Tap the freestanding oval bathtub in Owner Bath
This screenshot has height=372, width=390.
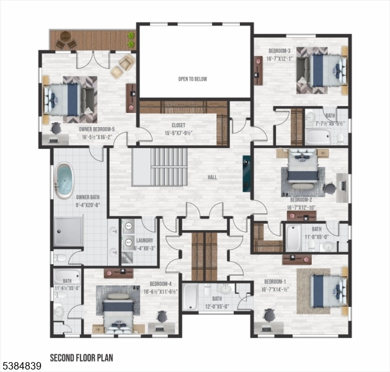coord(64,180)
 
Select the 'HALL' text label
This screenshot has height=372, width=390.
coord(213,177)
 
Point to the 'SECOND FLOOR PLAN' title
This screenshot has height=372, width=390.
coord(81,358)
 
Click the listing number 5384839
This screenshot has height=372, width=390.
coord(21,366)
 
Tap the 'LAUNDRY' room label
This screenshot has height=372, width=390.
coord(144,244)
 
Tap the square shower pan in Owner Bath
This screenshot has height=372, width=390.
coord(68,231)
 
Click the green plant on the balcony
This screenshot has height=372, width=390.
coord(131,40)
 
